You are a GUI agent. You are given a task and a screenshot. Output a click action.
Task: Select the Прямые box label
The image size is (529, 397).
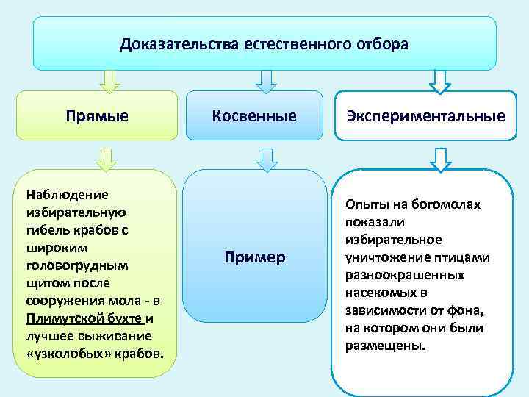[97, 115]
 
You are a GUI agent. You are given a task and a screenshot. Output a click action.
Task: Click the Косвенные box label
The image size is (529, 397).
[254, 115]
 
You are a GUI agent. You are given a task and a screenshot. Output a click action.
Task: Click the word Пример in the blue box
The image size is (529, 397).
[254, 258]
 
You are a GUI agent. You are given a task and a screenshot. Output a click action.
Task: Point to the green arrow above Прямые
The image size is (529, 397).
[109, 81]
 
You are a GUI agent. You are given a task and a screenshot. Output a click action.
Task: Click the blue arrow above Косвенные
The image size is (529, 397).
[266, 81]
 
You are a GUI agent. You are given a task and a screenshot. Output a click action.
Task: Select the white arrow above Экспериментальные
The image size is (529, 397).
[441, 81]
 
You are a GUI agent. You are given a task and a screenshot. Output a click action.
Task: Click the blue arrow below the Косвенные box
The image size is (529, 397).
[266, 159]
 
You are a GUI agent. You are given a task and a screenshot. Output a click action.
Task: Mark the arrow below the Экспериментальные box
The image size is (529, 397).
[441, 159]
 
